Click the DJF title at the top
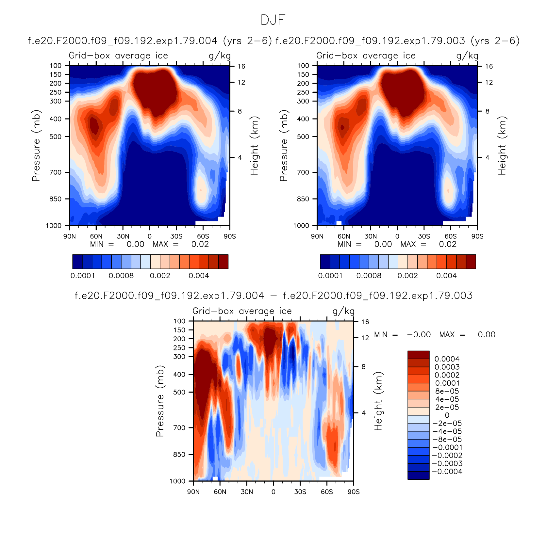coord(273,20)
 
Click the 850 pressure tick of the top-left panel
coord(55,199)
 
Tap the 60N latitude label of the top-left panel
coord(96,236)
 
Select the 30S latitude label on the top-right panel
coord(424,236)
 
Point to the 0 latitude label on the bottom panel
coord(273,492)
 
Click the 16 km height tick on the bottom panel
coord(365,322)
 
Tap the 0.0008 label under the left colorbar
coord(121,276)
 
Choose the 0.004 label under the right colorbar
coord(446,276)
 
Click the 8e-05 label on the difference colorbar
coord(447,391)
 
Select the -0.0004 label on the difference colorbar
coord(447,472)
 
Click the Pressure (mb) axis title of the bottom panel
coord(159,401)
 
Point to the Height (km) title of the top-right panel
coord(502,146)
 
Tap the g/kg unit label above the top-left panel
coord(220,56)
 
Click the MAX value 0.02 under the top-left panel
coord(200,244)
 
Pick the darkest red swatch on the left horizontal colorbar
coord(224,262)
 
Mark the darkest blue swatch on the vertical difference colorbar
coord(419,475)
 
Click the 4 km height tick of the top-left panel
coord(240,157)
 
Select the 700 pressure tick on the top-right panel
coord(303,172)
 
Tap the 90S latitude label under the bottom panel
coord(354,492)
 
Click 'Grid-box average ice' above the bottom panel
coord(242,311)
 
